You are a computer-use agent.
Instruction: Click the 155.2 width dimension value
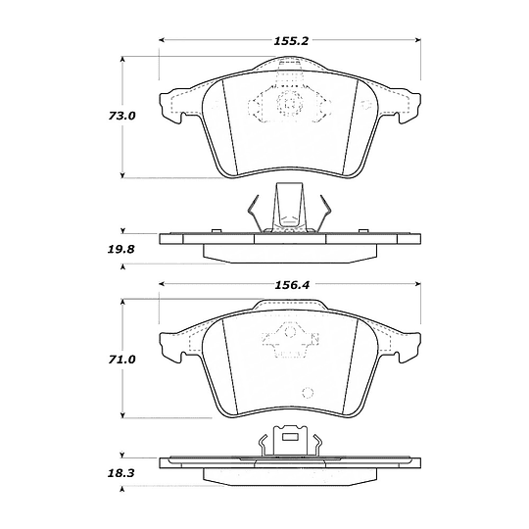click(291, 41)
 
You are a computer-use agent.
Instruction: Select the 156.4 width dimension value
click(292, 285)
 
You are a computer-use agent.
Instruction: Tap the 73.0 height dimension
click(121, 116)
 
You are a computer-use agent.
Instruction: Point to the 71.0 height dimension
click(121, 360)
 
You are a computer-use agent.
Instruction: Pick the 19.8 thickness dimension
click(121, 250)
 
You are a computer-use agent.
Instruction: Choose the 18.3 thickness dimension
click(121, 473)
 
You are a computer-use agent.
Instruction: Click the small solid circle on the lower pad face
click(308, 393)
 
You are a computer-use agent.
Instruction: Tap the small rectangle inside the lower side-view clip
click(290, 437)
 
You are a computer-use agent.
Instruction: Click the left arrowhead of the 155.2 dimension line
click(162, 40)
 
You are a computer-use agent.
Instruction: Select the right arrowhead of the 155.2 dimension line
click(418, 40)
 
